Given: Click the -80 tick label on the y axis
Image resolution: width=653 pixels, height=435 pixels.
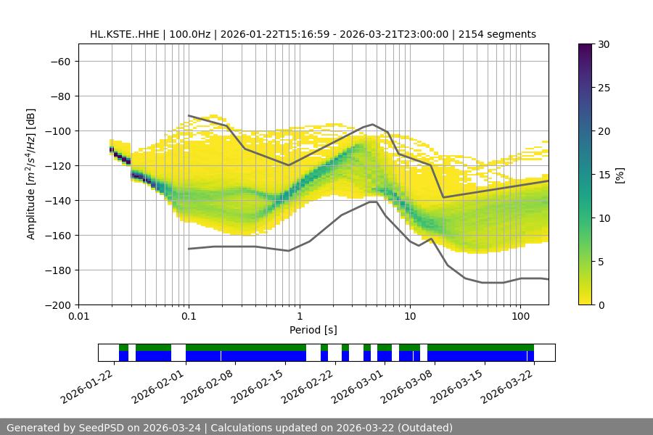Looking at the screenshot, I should tap(59, 96).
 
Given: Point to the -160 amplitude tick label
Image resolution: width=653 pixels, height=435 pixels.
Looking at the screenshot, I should tap(56, 235).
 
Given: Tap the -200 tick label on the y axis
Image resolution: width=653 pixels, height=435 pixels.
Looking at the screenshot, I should tap(56, 304).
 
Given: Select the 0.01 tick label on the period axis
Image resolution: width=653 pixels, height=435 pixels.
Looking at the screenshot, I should tap(78, 317).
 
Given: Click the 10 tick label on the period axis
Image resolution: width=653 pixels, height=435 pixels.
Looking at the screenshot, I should tap(410, 317).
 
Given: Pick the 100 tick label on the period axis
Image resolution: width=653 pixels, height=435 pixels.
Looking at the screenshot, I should tap(520, 317).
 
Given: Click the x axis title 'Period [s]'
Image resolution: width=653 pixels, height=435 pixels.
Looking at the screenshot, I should tap(313, 331).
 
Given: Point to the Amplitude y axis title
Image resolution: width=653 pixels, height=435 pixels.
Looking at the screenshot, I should tap(31, 174).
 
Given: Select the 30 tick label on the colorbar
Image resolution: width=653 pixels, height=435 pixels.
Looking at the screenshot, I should tap(601, 44).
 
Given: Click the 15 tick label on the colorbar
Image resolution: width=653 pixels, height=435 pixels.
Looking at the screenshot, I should tap(601, 175).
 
